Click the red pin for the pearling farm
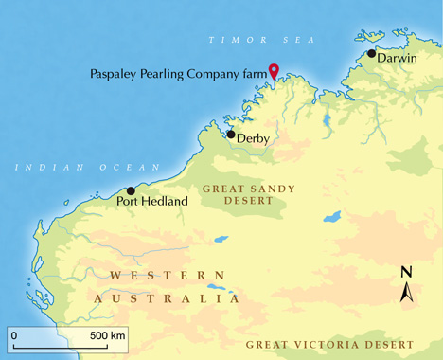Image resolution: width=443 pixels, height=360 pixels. point(274,70)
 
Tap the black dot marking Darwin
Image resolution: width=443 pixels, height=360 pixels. point(372,53)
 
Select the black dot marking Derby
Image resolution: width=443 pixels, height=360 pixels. point(231,135)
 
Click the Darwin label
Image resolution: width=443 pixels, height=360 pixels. point(397,59)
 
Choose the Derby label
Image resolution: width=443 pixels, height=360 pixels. point(253,140)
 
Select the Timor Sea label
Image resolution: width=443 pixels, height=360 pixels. point(248,40)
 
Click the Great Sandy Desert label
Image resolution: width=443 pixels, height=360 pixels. point(249,195)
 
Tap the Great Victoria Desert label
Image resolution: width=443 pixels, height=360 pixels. point(328,344)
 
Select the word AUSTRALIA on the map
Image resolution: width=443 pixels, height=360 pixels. point(167,298)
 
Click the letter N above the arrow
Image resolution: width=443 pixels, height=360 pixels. point(406,272)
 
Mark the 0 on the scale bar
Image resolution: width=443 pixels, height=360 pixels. point(14,334)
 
